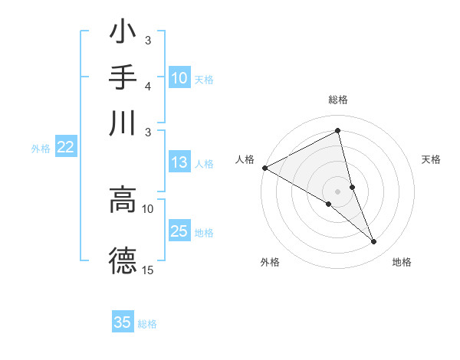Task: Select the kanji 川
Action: [x=123, y=123]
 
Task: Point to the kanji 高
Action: [x=123, y=198]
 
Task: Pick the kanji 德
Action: [x=123, y=260]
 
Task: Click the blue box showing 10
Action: [x=179, y=78]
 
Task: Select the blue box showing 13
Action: [x=179, y=162]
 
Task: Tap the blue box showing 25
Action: [x=179, y=231]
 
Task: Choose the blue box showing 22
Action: [x=65, y=148]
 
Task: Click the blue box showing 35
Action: [x=123, y=322]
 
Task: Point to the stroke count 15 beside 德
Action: [x=148, y=270]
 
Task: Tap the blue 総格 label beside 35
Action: [x=147, y=323]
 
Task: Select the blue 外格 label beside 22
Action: [x=41, y=149]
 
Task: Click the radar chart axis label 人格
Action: [x=245, y=159]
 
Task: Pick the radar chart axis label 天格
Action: [x=432, y=159]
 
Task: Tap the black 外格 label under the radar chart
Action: [x=270, y=262]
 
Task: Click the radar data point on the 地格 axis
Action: [x=374, y=242]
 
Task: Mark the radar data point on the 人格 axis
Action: [x=264, y=168]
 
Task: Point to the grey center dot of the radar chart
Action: [x=337, y=191]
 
